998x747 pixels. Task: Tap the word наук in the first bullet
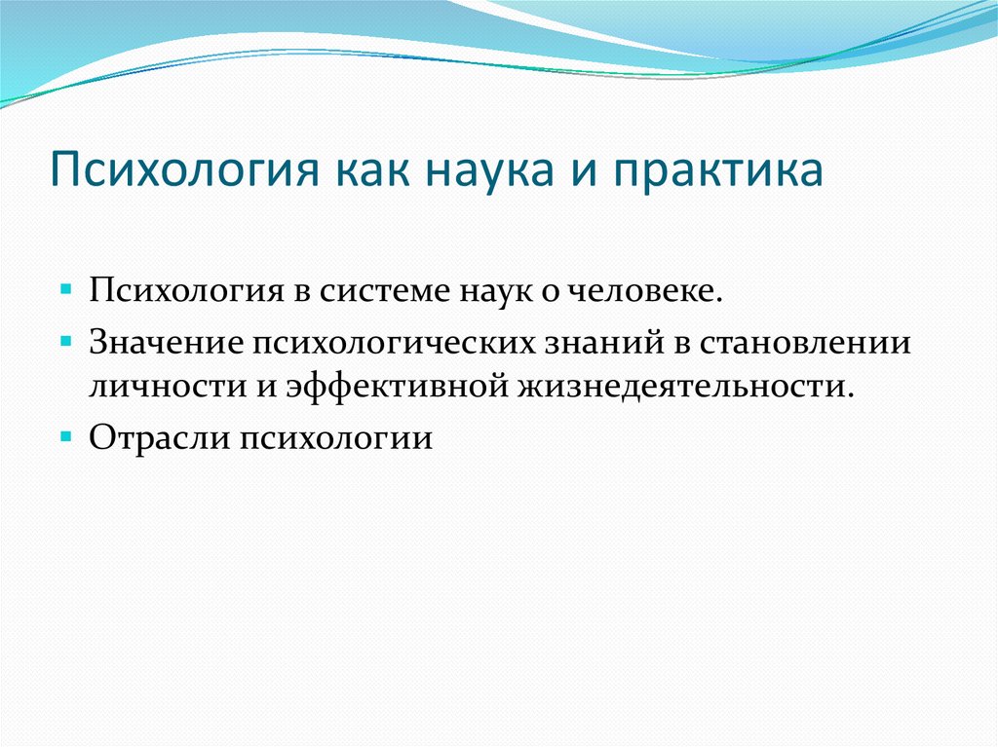pyautogui.click(x=507, y=291)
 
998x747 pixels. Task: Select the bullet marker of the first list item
pyautogui.click(x=65, y=291)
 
